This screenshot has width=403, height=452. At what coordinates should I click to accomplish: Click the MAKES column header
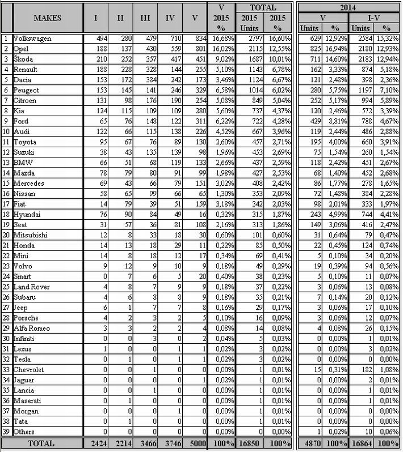click(48, 18)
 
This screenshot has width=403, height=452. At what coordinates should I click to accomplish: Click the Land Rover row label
click(31, 287)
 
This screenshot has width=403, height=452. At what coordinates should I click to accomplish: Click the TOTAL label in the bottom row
click(41, 443)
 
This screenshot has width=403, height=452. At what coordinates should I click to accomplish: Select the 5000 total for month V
click(194, 443)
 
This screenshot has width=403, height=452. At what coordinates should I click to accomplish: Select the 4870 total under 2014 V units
click(310, 443)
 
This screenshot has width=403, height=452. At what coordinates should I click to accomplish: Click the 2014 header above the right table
click(349, 7)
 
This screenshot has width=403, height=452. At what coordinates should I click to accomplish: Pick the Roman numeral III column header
click(146, 18)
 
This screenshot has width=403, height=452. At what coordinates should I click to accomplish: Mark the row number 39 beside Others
click(6, 432)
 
